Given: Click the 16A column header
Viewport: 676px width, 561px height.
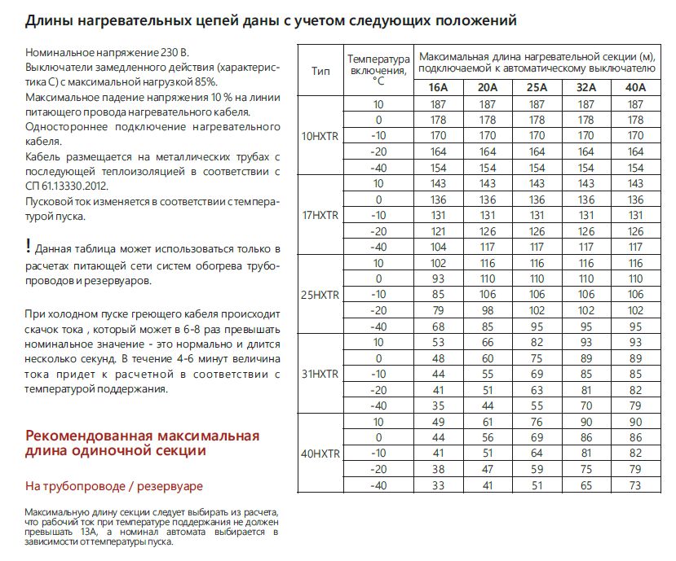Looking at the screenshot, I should (x=437, y=87).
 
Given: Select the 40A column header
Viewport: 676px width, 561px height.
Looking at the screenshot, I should (x=634, y=87).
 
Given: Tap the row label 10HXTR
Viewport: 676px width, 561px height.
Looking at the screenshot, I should (x=320, y=136).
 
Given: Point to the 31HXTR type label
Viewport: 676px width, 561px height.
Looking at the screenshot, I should (x=320, y=374).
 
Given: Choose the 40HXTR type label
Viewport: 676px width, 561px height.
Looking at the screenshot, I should (x=320, y=453).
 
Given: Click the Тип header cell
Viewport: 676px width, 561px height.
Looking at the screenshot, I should (x=321, y=71).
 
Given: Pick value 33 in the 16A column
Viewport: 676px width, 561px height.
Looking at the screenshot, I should (x=437, y=485).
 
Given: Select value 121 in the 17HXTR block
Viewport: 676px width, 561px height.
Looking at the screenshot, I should (x=437, y=231).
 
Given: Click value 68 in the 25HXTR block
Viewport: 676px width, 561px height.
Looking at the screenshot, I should (x=437, y=327).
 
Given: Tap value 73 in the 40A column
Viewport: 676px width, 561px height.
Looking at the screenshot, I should (x=634, y=485).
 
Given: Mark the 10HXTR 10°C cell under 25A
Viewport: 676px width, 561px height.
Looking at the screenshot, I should (x=537, y=104).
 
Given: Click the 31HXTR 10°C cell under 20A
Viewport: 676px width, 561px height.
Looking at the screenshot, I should (x=487, y=342).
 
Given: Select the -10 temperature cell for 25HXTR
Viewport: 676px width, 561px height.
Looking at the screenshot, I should (x=378, y=295).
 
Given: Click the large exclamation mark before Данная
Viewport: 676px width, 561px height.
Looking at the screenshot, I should (x=29, y=246).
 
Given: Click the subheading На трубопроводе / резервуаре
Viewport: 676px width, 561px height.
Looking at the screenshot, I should (x=114, y=486).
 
